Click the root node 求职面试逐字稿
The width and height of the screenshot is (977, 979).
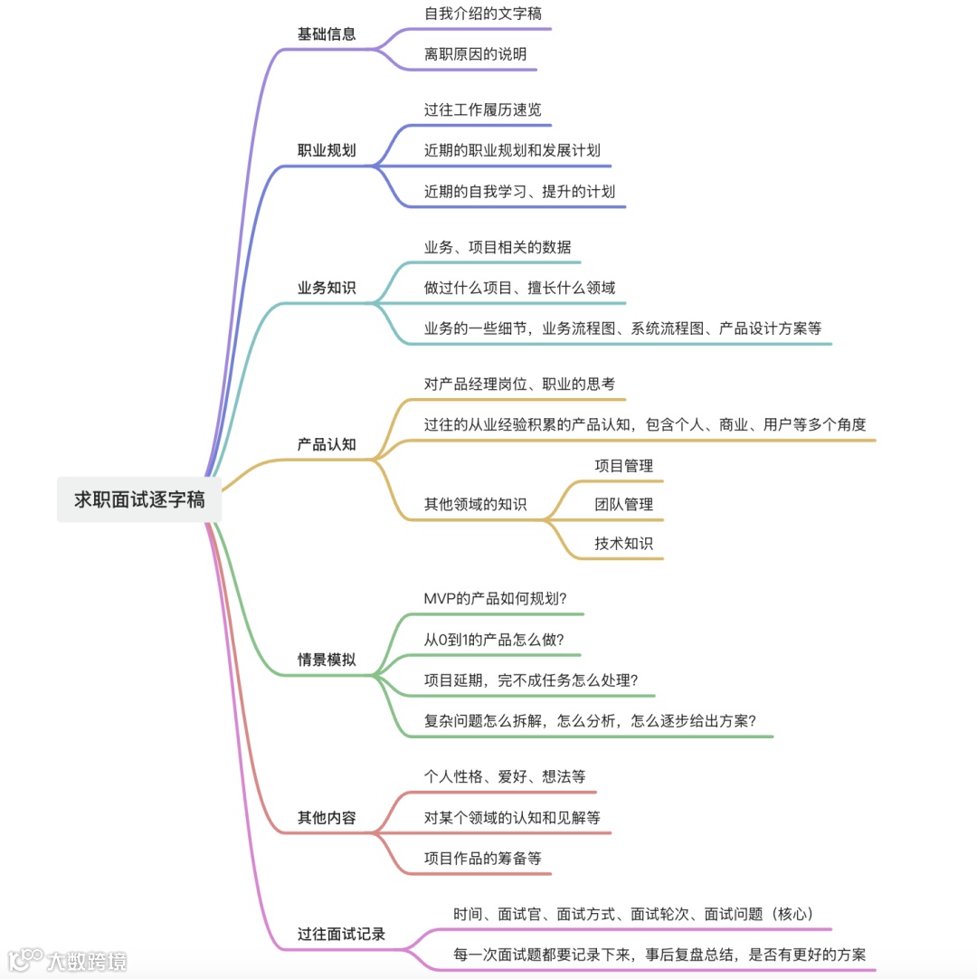click(139, 499)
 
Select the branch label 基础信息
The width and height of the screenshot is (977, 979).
click(327, 34)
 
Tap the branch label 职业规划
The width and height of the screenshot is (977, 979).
click(327, 151)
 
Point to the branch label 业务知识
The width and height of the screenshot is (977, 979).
click(327, 289)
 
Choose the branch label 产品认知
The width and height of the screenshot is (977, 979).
click(327, 444)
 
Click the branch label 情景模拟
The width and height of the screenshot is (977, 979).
click(327, 660)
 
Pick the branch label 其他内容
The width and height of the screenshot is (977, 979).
click(327, 818)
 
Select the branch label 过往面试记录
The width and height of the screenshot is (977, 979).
click(341, 934)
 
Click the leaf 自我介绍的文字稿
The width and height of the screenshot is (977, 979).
click(483, 14)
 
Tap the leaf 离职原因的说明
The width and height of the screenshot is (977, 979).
click(475, 54)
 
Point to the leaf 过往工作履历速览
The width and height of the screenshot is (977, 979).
click(483, 109)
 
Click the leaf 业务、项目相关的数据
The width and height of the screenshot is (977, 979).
click(498, 247)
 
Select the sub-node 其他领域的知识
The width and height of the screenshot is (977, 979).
click(475, 504)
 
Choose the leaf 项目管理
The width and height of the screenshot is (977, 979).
click(623, 466)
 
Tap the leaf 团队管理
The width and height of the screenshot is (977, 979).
click(623, 504)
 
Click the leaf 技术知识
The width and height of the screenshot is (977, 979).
click(623, 543)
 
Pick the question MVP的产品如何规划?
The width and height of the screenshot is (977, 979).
click(496, 599)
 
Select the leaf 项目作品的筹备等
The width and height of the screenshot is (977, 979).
click(483, 859)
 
